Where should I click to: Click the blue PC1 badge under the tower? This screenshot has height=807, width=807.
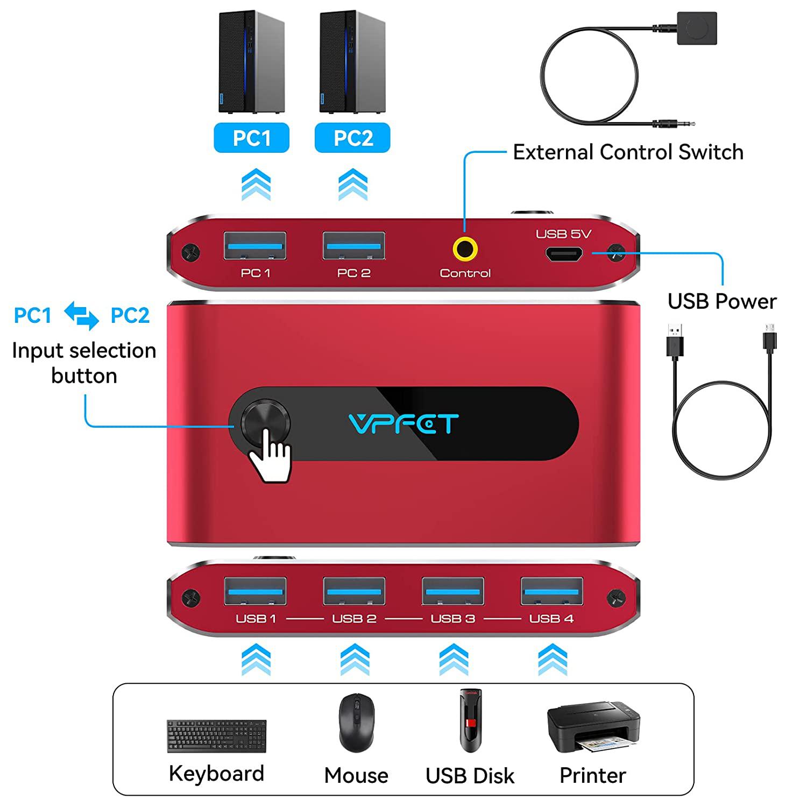click(251, 138)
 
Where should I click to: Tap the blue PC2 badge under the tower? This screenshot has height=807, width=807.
click(352, 138)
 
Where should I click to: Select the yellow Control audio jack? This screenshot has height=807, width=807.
click(465, 250)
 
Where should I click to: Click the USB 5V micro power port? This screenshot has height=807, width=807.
click(564, 254)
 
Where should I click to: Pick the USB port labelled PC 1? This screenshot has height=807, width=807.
click(255, 246)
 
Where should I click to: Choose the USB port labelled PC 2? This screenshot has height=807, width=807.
click(354, 246)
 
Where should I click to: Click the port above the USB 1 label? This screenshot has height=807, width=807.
click(255, 591)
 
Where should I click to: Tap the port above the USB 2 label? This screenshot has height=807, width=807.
click(354, 591)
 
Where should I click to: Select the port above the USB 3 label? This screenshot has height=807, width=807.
click(453, 591)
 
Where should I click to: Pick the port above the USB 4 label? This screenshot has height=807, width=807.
click(552, 591)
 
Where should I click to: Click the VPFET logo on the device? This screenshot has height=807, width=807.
click(403, 424)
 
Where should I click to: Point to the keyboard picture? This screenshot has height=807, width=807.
click(216, 735)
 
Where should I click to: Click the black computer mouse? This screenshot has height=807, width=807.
click(356, 722)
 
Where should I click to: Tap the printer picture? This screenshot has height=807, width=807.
click(593, 727)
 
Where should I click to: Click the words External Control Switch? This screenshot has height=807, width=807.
click(628, 152)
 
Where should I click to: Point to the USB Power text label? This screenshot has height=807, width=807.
click(722, 301)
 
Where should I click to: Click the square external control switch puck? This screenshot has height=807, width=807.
click(697, 28)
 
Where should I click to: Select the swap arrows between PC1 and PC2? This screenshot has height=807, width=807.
click(81, 315)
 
